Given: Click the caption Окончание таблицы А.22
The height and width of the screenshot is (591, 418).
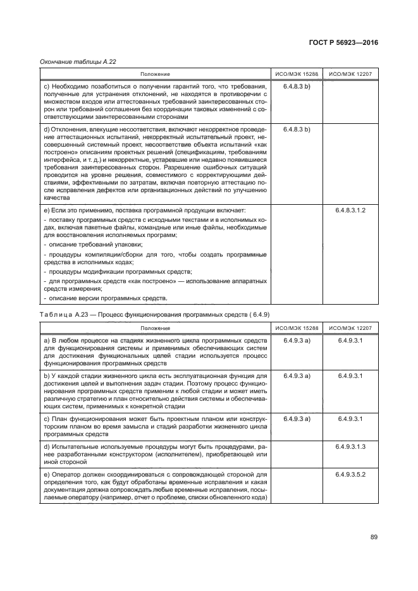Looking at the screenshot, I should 78,62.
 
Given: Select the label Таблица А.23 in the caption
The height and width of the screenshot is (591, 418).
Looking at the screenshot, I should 66,314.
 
